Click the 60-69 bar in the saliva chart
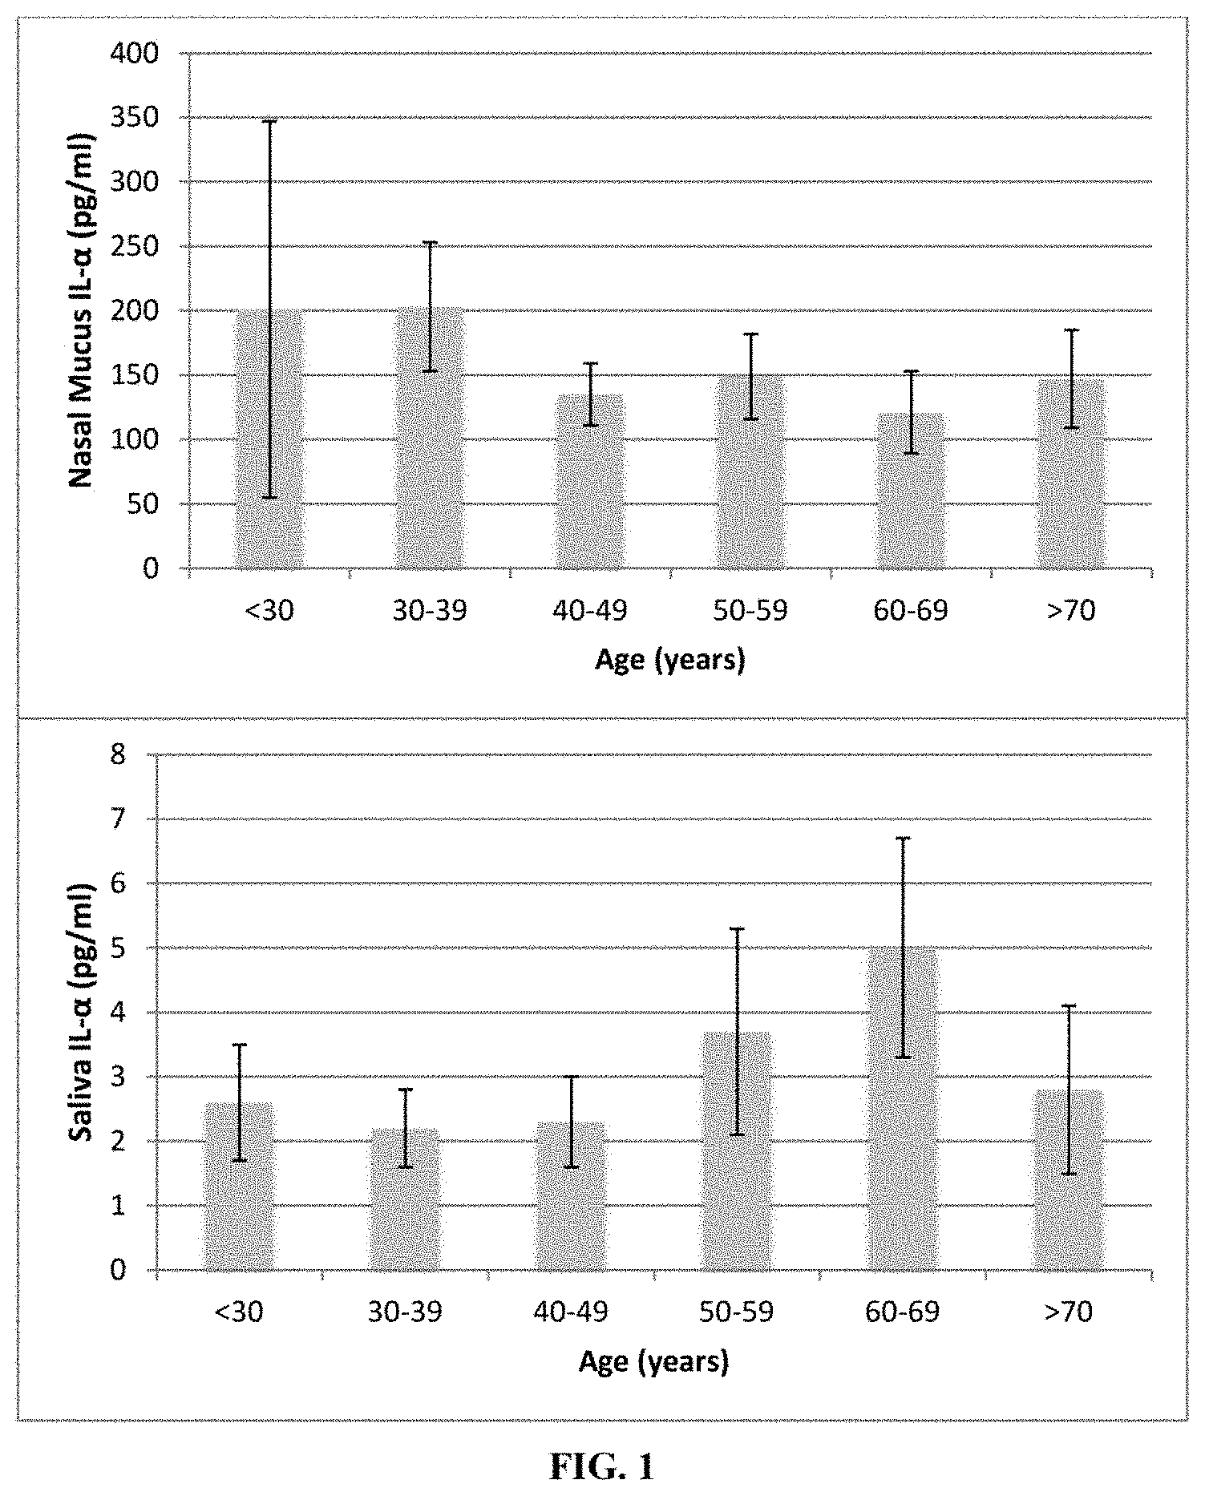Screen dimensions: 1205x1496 pyautogui.click(x=903, y=1109)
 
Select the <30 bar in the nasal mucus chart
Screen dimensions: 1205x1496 pyautogui.click(x=269, y=439)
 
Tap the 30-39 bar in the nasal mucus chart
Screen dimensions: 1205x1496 pyautogui.click(x=430, y=438)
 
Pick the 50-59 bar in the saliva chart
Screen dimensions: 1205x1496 pyautogui.click(x=737, y=1151)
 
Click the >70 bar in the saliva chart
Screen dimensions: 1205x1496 pyautogui.click(x=1069, y=1180)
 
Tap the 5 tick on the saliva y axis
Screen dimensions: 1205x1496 pyautogui.click(x=141, y=948)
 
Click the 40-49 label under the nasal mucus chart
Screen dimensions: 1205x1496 pyautogui.click(x=590, y=611)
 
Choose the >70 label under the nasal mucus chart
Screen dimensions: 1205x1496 pyautogui.click(x=1071, y=611)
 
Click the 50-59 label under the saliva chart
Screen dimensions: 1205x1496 pyautogui.click(x=737, y=1312)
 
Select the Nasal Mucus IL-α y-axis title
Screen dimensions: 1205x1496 pyautogui.click(x=80, y=311)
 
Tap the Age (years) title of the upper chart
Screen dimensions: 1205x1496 pyautogui.click(x=670, y=661)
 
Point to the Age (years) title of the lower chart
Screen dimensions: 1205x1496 pyautogui.click(x=654, y=1362)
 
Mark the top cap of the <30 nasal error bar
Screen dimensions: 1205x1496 pyautogui.click(x=269, y=121)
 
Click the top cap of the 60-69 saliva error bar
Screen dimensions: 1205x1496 pyautogui.click(x=903, y=838)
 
